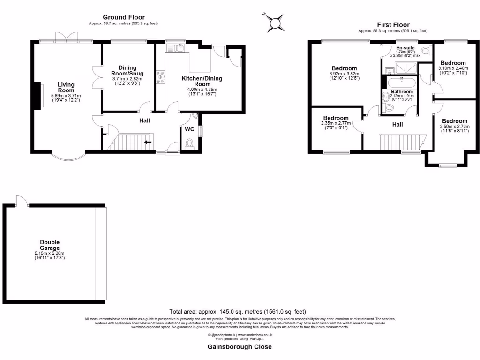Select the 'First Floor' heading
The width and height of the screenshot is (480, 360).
[393, 25]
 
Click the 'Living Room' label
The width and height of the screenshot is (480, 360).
[66, 87]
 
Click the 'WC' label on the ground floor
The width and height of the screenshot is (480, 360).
[189, 129]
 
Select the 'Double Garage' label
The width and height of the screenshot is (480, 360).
[50, 245]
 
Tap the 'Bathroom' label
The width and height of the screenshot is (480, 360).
[402, 92]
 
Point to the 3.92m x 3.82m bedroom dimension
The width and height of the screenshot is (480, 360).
[344, 76]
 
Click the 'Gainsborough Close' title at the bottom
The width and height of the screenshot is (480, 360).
[240, 347]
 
